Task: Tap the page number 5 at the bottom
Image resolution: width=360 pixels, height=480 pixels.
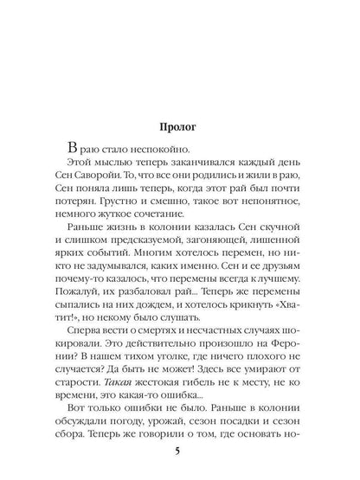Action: pyautogui.click(x=179, y=449)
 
